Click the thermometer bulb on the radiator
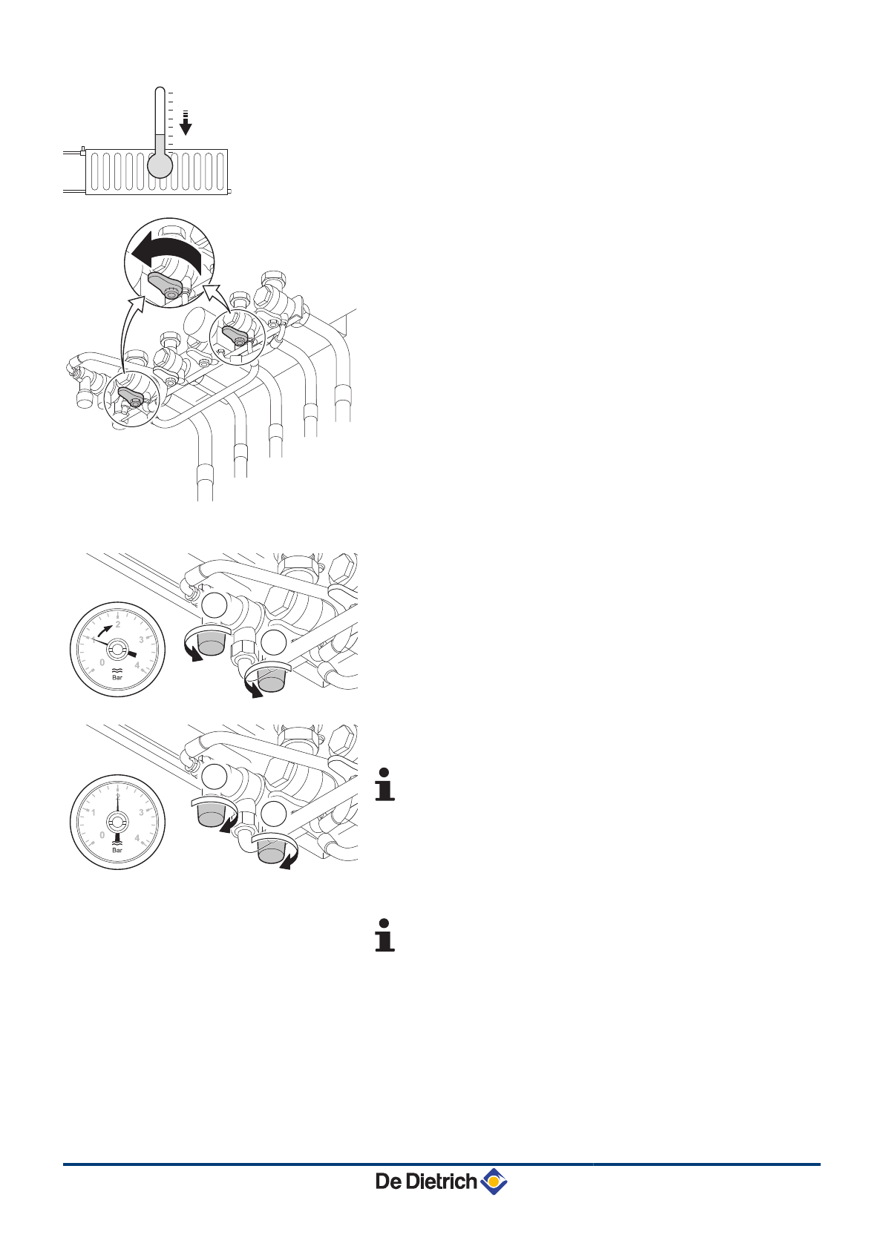160,165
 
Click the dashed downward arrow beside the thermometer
186,124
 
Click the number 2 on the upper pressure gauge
118,624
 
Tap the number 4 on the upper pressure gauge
137,665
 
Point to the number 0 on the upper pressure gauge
102,662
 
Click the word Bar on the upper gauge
117,677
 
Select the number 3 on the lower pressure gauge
141,812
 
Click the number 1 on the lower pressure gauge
94,812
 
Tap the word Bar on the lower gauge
117,850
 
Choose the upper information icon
384,785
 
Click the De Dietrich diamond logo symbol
494,1181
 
